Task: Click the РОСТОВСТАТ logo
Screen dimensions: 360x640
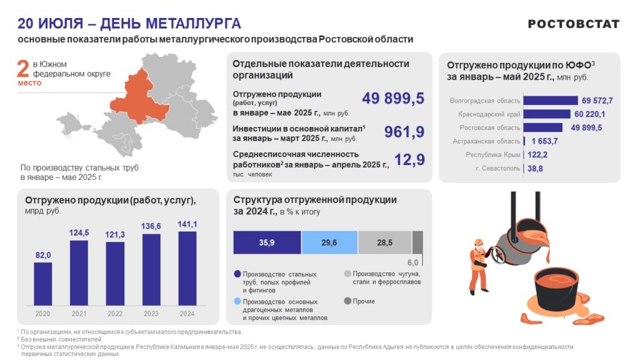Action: click(573, 24)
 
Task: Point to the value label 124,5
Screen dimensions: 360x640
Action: click(79, 233)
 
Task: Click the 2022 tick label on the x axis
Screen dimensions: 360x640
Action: click(115, 313)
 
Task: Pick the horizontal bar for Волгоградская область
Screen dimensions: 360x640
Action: click(550, 101)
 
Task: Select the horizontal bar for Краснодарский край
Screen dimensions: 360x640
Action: click(546, 114)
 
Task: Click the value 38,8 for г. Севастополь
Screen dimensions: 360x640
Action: click(535, 169)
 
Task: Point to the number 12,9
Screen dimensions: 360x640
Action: click(409, 160)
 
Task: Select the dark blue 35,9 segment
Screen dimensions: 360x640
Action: click(267, 242)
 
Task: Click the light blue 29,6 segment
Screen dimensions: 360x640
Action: click(329, 242)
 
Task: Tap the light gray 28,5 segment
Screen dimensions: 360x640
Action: click(384, 242)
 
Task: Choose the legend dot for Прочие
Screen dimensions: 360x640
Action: click(347, 301)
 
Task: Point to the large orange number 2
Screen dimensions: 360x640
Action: click(23, 71)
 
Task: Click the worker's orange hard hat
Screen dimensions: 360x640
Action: click(478, 242)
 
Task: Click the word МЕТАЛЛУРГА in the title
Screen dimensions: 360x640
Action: click(193, 24)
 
